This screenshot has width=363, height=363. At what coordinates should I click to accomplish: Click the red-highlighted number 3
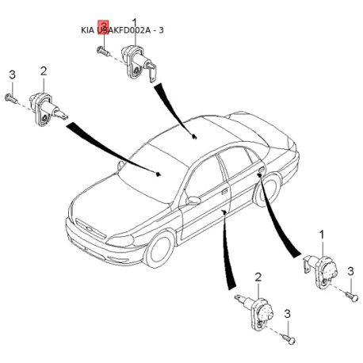(101, 29)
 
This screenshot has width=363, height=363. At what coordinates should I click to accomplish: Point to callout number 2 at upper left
(43, 71)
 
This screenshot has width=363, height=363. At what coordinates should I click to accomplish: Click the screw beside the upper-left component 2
(11, 98)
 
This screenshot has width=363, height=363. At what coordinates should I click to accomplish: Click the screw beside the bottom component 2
(288, 338)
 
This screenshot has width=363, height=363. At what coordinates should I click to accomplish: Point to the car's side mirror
(193, 201)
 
